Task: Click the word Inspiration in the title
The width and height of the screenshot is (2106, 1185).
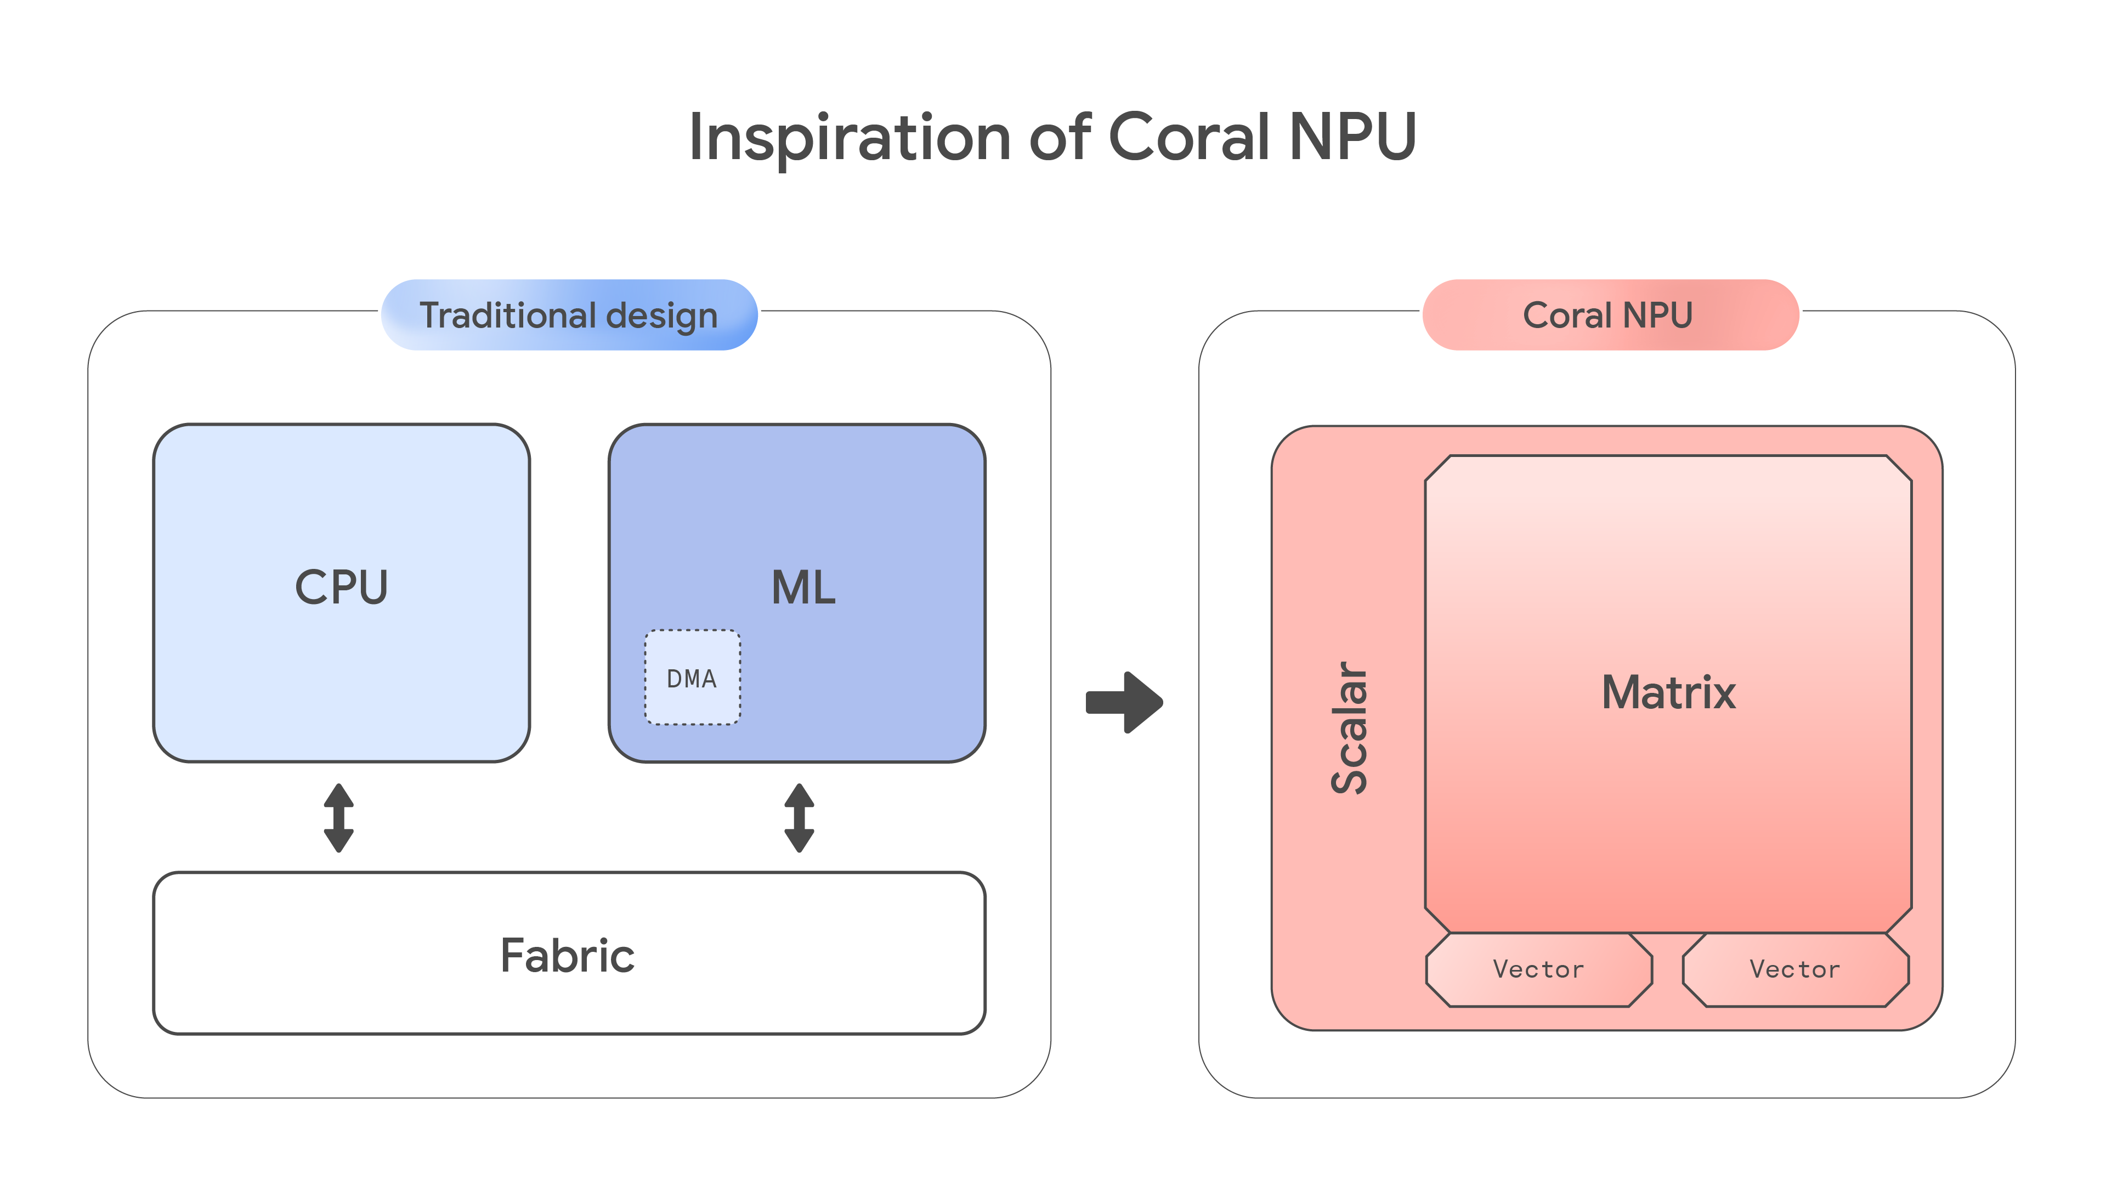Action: pyautogui.click(x=850, y=137)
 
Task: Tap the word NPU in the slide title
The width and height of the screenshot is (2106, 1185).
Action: pyautogui.click(x=1352, y=137)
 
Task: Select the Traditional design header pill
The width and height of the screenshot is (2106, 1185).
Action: pyautogui.click(x=569, y=315)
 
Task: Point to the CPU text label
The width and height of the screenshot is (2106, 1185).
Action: pyautogui.click(x=341, y=587)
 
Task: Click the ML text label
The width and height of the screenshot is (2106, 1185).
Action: pyautogui.click(x=803, y=587)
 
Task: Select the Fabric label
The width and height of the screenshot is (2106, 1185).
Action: pyautogui.click(x=568, y=955)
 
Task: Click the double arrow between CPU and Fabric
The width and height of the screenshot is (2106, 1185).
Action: pyautogui.click(x=338, y=818)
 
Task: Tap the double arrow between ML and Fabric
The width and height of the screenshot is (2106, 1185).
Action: pyautogui.click(x=799, y=818)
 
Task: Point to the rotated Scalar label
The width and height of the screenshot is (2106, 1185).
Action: pyautogui.click(x=1349, y=728)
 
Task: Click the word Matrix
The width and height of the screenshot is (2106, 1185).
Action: pyautogui.click(x=1668, y=693)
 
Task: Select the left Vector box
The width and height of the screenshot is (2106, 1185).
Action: pyautogui.click(x=1538, y=970)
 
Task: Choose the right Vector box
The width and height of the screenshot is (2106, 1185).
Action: pyautogui.click(x=1796, y=970)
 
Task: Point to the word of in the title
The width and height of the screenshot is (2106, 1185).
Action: pyautogui.click(x=1060, y=137)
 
